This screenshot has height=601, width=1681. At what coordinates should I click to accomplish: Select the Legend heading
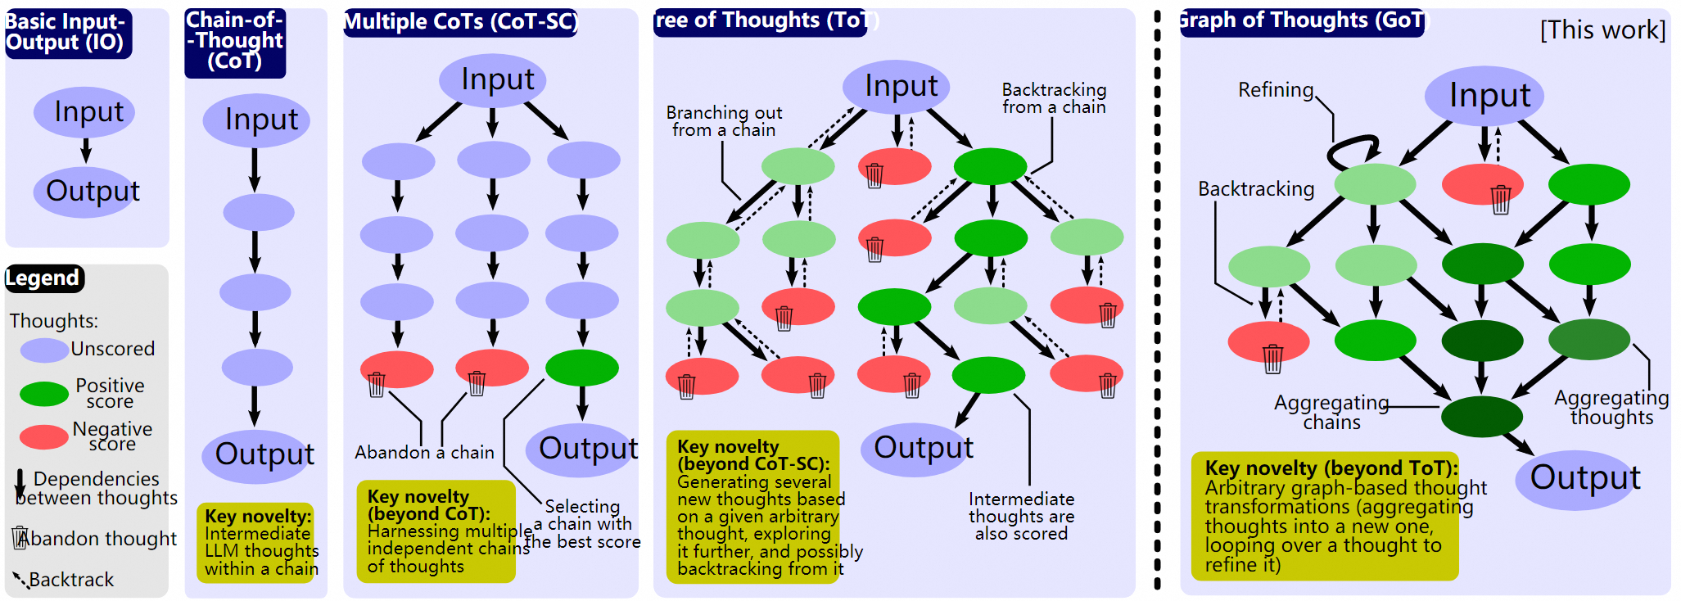click(x=43, y=278)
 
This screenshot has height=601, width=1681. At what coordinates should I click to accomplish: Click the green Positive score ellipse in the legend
click(x=44, y=394)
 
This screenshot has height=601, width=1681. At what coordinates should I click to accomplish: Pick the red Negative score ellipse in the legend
click(x=44, y=436)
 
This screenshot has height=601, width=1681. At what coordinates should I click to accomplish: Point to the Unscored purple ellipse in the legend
click(x=44, y=350)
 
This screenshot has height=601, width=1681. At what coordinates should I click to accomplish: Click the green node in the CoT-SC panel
click(x=582, y=368)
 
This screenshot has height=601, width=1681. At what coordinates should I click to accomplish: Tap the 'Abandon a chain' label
click(x=424, y=452)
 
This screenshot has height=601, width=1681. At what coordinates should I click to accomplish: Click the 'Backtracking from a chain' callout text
click(x=1054, y=98)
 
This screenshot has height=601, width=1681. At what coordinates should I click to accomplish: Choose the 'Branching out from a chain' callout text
click(x=724, y=121)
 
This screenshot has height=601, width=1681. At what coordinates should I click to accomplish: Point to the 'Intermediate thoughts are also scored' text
click(x=1021, y=516)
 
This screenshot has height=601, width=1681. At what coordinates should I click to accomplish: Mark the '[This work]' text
click(x=1602, y=30)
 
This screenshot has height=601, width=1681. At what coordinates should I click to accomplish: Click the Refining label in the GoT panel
click(x=1275, y=90)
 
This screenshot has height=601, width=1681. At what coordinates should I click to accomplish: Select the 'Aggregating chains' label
click(x=1331, y=412)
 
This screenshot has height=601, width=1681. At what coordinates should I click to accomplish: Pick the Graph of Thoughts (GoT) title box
click(x=1303, y=21)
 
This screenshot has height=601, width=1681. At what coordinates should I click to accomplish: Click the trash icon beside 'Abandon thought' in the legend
click(x=20, y=537)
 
